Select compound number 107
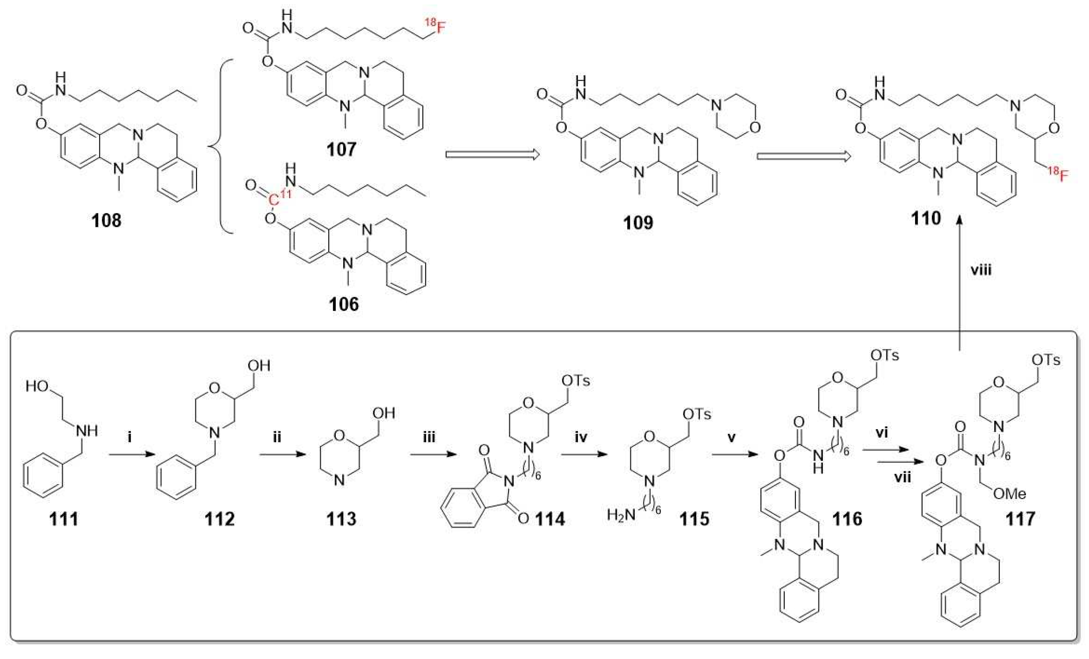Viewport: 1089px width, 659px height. click(x=341, y=149)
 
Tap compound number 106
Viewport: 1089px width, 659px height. click(x=344, y=304)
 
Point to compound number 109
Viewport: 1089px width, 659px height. click(x=638, y=222)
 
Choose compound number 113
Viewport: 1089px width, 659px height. click(x=341, y=519)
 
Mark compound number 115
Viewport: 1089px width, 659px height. click(x=694, y=519)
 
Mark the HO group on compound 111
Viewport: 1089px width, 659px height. click(x=37, y=386)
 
